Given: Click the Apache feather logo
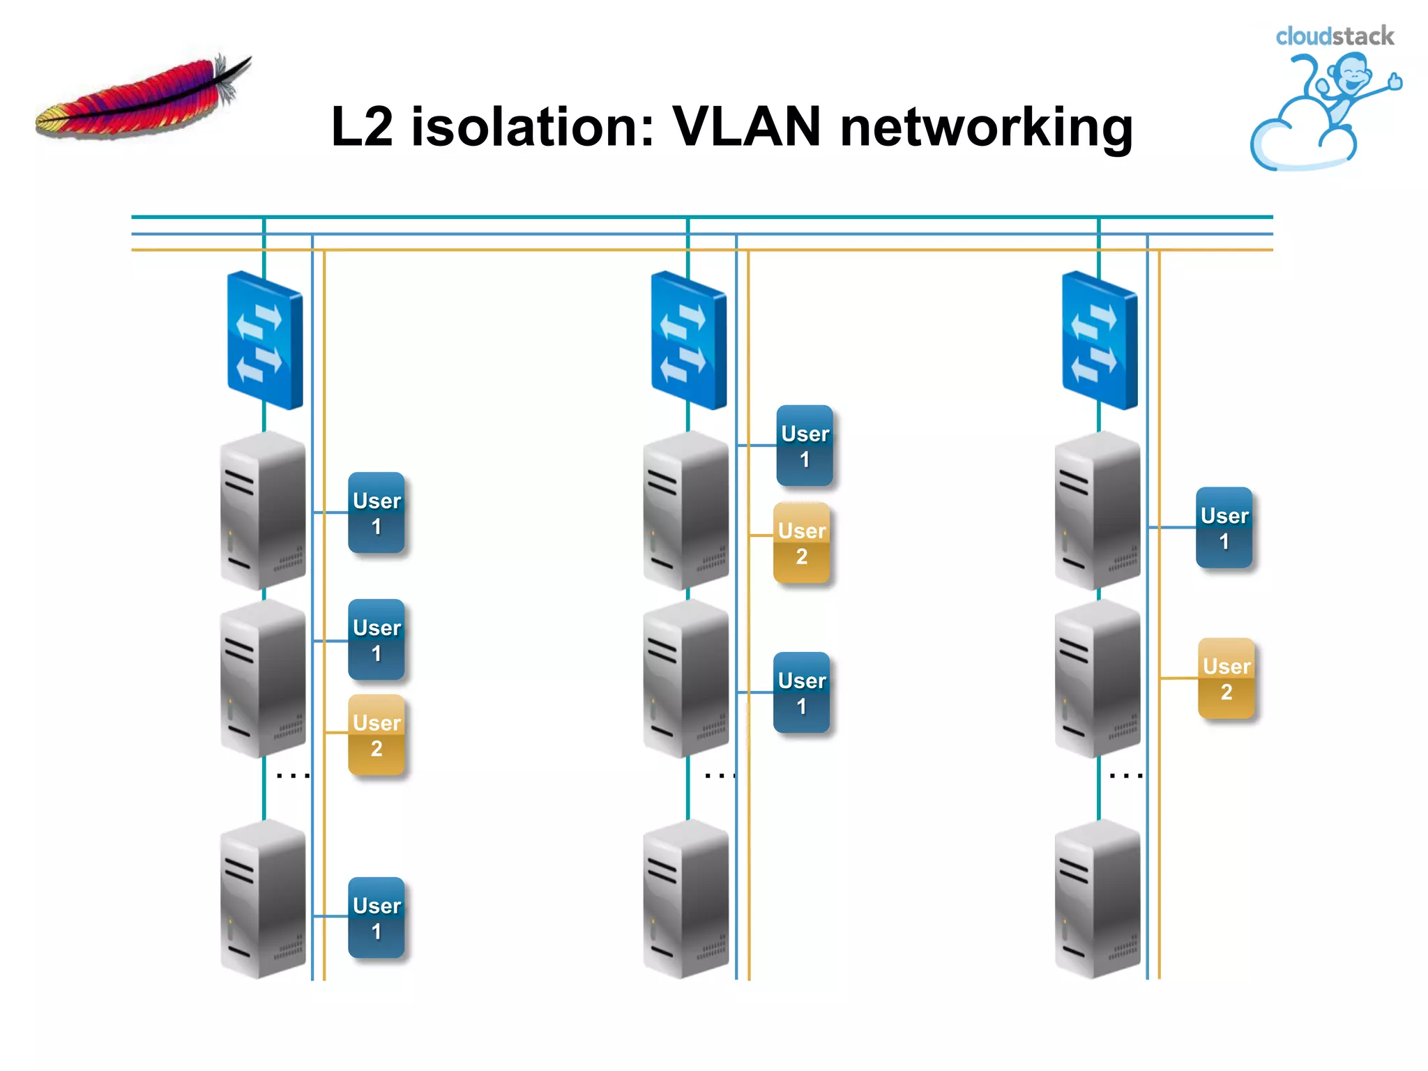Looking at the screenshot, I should tap(143, 98).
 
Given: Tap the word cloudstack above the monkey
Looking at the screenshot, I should tap(1334, 36).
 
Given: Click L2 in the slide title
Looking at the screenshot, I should tap(362, 127).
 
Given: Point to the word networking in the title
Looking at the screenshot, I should tap(986, 129).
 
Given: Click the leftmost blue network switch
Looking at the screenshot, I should tap(264, 340).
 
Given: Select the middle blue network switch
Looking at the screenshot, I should tap(688, 340).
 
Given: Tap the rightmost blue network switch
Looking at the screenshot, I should tap(1099, 340).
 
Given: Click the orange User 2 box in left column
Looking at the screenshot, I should tap(377, 735).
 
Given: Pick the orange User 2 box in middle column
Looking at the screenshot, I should tap(802, 543).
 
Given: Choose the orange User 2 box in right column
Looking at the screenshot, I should tap(1226, 678).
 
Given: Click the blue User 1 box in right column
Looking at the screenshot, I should tap(1224, 528).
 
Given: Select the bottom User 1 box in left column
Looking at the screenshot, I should tap(377, 918).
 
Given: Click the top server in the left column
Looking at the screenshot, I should tap(263, 510).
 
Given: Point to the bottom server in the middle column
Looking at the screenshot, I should tap(686, 899).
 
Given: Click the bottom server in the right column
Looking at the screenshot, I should tap(1097, 899).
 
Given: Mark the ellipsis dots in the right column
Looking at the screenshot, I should tap(1125, 775).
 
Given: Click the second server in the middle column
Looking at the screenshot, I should tap(686, 678).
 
